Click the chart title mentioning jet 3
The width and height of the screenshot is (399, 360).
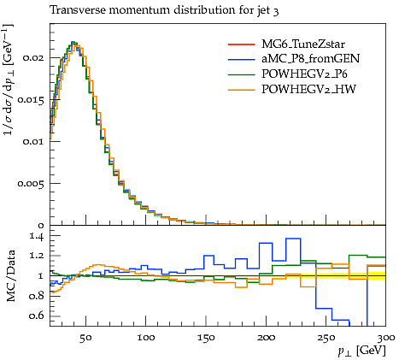pyautogui.click(x=164, y=10)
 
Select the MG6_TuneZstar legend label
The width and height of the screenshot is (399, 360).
pyautogui.click(x=303, y=44)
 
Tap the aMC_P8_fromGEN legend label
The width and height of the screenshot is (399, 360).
pyautogui.click(x=311, y=59)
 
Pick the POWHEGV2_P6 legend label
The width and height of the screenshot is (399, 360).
pyautogui.click(x=304, y=74)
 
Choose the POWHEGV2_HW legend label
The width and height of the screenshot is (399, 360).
pyautogui.click(x=308, y=89)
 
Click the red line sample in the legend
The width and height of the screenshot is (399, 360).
pyautogui.click(x=242, y=44)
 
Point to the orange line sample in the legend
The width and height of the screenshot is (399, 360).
pyautogui.click(x=242, y=90)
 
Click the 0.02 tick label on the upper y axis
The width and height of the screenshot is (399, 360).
pyautogui.click(x=33, y=57)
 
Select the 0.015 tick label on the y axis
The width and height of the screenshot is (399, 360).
pyautogui.click(x=31, y=100)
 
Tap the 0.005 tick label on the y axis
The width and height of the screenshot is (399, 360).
pyautogui.click(x=31, y=183)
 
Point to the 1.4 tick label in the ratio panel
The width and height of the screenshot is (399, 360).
pyautogui.click(x=37, y=237)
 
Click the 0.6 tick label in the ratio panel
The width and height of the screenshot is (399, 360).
pyautogui.click(x=37, y=316)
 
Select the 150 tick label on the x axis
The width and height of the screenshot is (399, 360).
pyautogui.click(x=206, y=338)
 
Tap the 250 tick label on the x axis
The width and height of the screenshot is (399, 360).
pyautogui.click(x=326, y=338)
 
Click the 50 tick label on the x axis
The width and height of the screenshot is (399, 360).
pyautogui.click(x=85, y=338)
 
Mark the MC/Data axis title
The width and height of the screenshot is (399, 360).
pyautogui.click(x=11, y=276)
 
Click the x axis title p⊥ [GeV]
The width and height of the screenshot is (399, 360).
pyautogui.click(x=362, y=351)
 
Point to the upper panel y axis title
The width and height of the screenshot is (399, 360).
pyautogui.click(x=9, y=80)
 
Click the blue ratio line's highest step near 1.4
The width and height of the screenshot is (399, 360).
pyautogui.click(x=293, y=239)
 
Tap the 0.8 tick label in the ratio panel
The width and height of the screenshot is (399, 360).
pyautogui.click(x=37, y=296)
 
